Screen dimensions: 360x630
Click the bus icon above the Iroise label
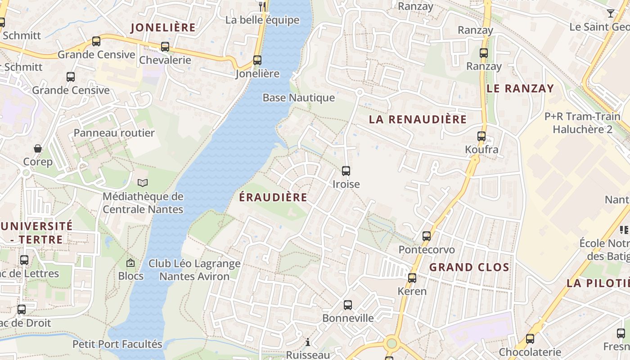[346, 171]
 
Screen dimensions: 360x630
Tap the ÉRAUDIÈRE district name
[273, 197]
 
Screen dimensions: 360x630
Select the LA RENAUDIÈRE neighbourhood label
[418, 119]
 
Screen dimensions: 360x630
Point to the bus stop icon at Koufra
[481, 136]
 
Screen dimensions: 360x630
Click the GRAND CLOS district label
[469, 267]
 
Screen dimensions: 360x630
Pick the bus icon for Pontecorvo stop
[426, 236]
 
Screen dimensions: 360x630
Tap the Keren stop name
[412, 291]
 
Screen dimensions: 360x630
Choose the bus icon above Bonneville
[347, 305]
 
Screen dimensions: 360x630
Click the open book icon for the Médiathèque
[143, 183]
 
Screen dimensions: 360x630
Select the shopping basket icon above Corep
[38, 148]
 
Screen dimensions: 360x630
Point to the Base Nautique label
[299, 98]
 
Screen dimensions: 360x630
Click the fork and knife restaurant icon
[263, 6]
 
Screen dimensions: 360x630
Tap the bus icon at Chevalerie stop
[165, 46]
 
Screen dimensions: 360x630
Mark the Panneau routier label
[114, 133]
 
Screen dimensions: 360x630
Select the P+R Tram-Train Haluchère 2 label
[582, 123]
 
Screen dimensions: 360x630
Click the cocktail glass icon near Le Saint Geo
[610, 13]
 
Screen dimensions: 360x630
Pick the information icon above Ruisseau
[308, 342]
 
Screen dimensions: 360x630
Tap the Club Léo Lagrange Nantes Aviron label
[194, 270]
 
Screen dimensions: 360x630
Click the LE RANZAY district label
[520, 88]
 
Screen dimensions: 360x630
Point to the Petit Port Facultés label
[117, 344]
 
